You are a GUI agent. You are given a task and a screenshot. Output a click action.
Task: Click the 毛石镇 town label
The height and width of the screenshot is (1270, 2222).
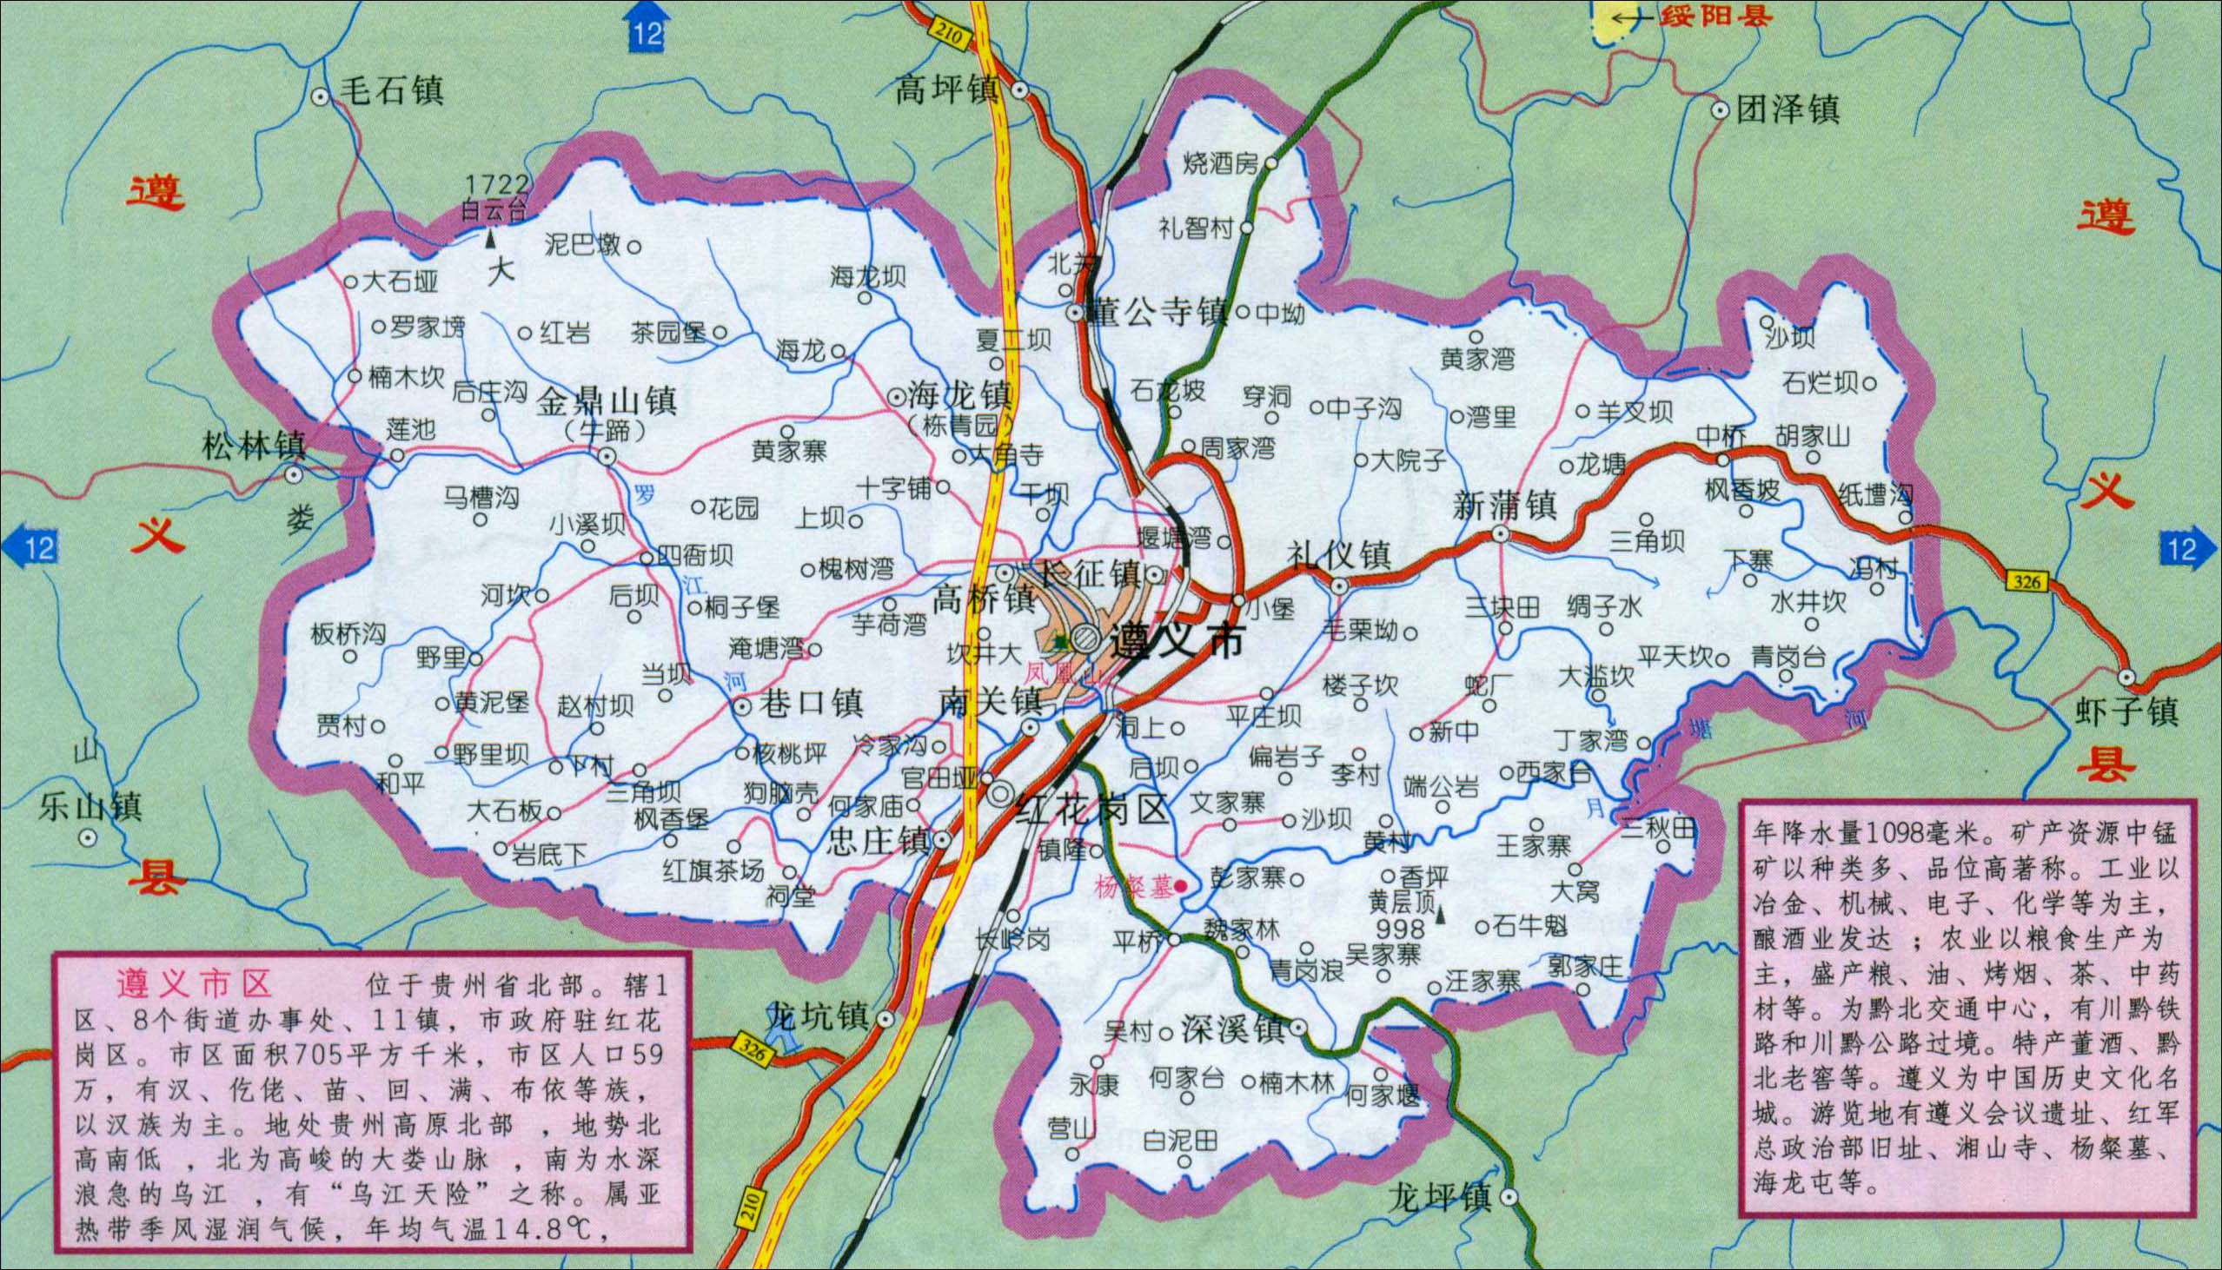coord(392,89)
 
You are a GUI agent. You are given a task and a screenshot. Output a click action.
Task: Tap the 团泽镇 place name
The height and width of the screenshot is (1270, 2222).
coord(1788,110)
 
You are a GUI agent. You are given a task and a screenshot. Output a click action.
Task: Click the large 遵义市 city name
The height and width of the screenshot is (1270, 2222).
coord(1177,643)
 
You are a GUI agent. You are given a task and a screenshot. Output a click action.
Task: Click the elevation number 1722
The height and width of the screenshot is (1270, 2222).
coord(496,184)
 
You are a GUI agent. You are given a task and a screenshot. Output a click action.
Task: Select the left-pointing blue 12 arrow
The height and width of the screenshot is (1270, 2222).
coord(31,549)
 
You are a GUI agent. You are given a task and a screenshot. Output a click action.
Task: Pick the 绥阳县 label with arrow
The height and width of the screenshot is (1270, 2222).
coord(1690,16)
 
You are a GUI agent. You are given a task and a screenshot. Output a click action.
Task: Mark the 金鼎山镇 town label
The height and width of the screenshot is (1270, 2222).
coord(607,402)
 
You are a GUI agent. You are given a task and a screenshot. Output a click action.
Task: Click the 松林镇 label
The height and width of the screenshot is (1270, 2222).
coord(254,446)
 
